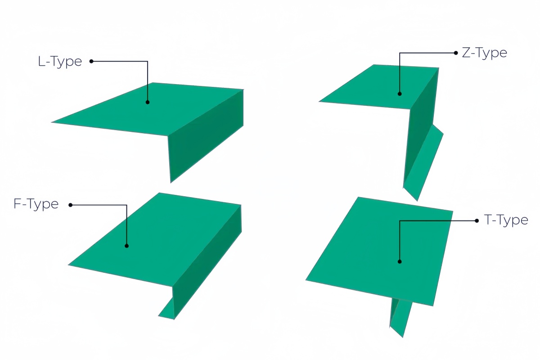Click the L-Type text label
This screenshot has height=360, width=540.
pyautogui.click(x=60, y=62)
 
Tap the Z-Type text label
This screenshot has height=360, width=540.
pyautogui.click(x=484, y=53)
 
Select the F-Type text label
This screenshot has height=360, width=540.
pyautogui.click(x=36, y=204)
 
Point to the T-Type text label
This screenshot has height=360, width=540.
pyautogui.click(x=506, y=220)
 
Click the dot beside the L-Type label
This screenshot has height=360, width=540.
pyautogui.click(x=91, y=61)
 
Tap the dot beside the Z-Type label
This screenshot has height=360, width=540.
pyautogui.click(x=455, y=53)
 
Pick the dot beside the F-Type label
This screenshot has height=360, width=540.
pyautogui.click(x=70, y=205)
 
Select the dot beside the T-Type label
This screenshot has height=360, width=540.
pyautogui.click(x=477, y=220)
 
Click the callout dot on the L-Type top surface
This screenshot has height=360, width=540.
pyautogui.click(x=148, y=102)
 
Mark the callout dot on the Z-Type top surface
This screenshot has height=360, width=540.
pyautogui.click(x=400, y=94)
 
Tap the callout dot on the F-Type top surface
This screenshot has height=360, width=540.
pyautogui.click(x=126, y=246)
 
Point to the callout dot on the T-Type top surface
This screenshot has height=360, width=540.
pyautogui.click(x=400, y=261)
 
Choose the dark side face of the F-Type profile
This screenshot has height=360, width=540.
pyautogui.click(x=207, y=261)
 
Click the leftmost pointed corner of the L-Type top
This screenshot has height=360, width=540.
pyautogui.click(x=51, y=122)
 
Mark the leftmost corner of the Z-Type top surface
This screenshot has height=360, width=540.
pyautogui.click(x=319, y=102)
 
